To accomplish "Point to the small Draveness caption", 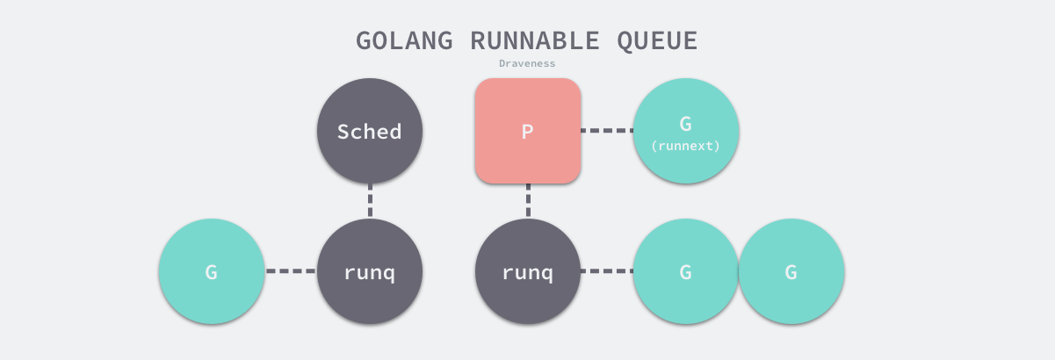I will click(527, 64).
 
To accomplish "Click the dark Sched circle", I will click(370, 132).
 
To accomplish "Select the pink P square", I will click(528, 131).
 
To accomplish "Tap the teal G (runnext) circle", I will click(686, 131).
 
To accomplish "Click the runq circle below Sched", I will click(370, 271).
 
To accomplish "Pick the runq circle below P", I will click(528, 271).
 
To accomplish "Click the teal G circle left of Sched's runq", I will click(212, 271).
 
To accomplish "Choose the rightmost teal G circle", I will click(791, 271).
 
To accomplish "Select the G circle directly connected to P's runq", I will click(686, 271).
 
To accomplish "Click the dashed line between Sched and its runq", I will click(370, 201).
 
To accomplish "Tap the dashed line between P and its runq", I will click(528, 201).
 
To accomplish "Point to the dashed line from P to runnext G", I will click(607, 131).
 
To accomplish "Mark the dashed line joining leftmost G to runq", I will click(291, 271).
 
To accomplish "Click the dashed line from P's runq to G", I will click(607, 271).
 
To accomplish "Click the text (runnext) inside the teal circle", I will click(686, 146).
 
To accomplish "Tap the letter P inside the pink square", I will click(528, 132).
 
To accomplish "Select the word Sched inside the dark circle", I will click(370, 132).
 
